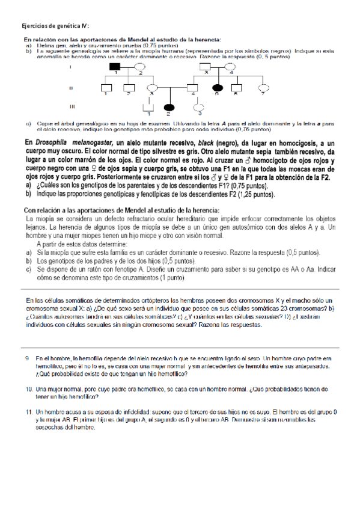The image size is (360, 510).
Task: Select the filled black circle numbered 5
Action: click(x=216, y=88)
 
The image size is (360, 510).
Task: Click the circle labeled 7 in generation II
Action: click(x=262, y=88)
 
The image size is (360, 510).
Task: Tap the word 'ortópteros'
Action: click(x=172, y=300)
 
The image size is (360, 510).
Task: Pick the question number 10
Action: click(x=29, y=389)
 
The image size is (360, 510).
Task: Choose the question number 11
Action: click(x=29, y=412)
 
